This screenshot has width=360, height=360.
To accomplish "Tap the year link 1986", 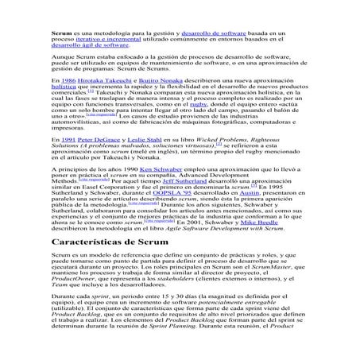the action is pos(68,81).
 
